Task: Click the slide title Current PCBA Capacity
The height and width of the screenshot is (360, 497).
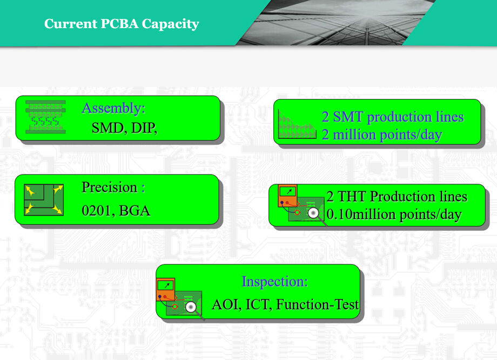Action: (122, 24)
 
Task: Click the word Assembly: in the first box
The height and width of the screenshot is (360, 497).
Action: (113, 109)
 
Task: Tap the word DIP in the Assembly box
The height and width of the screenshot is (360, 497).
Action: (143, 128)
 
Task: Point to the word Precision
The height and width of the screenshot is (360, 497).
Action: (110, 187)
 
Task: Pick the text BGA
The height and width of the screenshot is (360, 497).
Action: (135, 211)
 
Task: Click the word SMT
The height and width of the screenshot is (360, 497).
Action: (348, 117)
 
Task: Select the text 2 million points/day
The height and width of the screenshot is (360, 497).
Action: (382, 135)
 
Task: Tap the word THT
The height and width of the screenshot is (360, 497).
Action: (352, 197)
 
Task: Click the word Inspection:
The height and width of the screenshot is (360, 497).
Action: (274, 282)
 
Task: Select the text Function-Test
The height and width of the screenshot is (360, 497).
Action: (318, 304)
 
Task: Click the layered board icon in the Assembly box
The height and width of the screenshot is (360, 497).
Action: (45, 117)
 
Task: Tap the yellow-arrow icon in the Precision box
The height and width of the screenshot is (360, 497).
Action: (44, 200)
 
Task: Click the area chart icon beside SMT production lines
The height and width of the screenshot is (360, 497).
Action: (297, 124)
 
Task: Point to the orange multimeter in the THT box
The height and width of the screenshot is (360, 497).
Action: (288, 196)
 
